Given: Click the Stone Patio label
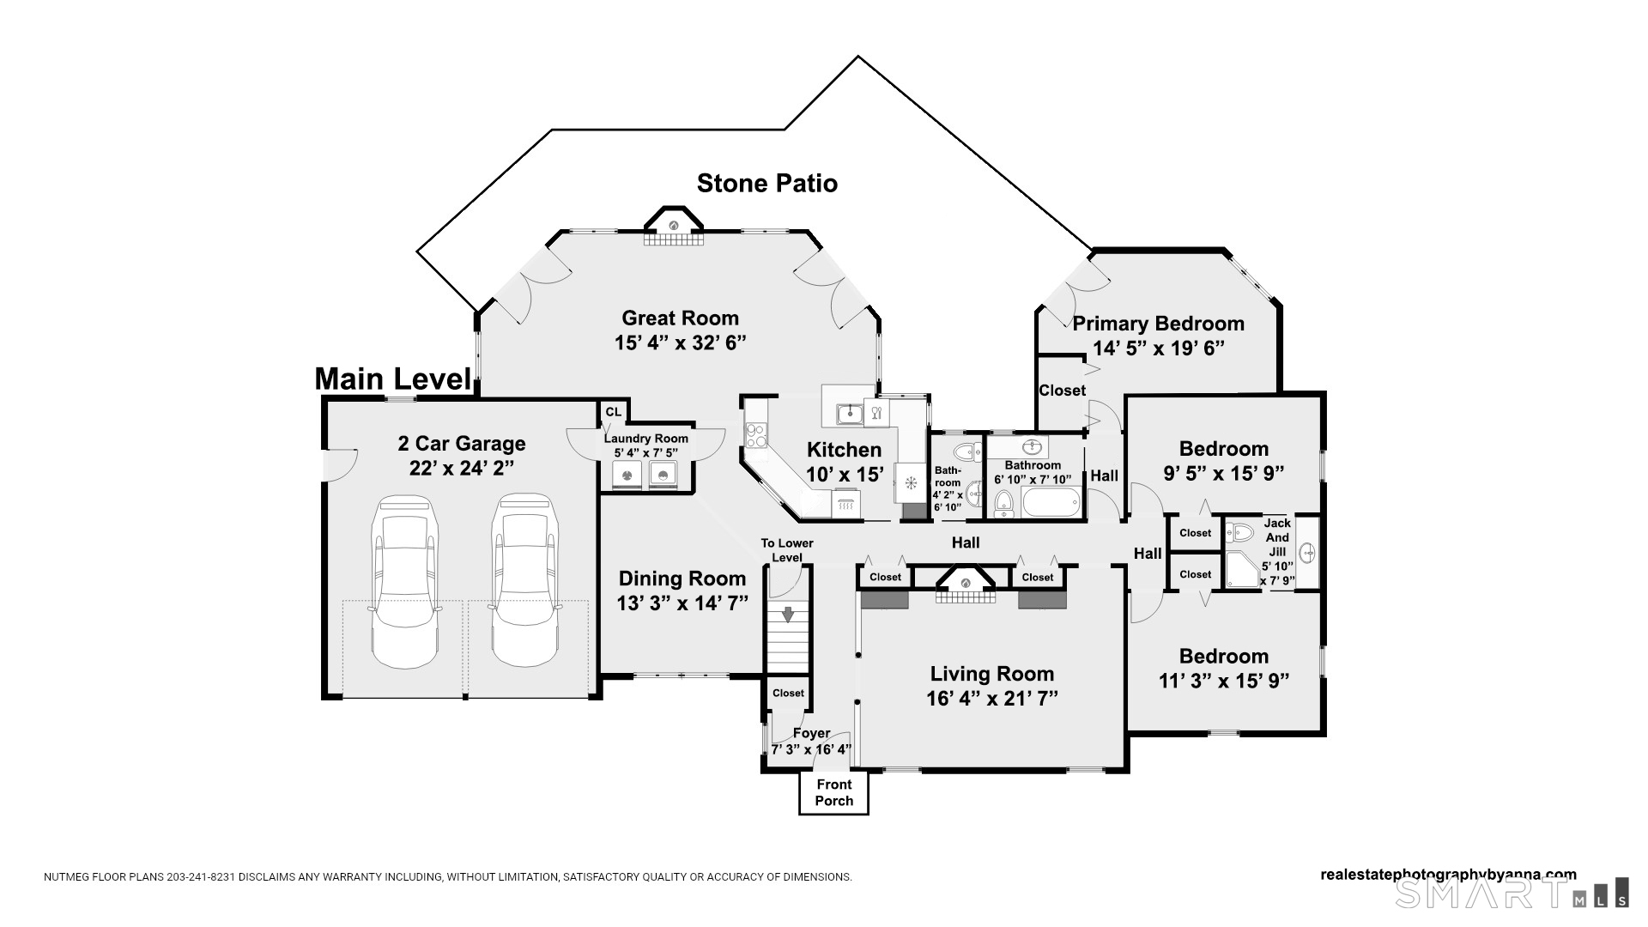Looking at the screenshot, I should point(766,183).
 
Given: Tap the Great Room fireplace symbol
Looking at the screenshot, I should point(674,226).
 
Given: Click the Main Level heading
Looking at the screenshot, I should point(393,379).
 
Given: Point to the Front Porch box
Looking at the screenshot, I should point(833,792).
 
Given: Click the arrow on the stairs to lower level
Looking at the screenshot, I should point(788,614).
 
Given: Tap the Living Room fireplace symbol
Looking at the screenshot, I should point(966,583).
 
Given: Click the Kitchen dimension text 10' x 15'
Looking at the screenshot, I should point(845,474).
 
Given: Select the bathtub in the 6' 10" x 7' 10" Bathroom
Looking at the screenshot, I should point(1051,504).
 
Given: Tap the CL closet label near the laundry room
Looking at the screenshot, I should point(613,412).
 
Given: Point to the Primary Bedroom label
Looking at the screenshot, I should point(1158,324).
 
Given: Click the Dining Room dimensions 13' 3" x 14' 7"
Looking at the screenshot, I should point(682,603).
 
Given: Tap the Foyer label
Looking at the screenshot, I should point(811,733).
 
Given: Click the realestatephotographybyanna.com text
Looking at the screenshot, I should point(1447,875).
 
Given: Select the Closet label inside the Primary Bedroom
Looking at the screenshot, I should point(1062,391).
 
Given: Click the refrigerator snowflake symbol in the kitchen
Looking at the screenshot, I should point(911,482).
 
